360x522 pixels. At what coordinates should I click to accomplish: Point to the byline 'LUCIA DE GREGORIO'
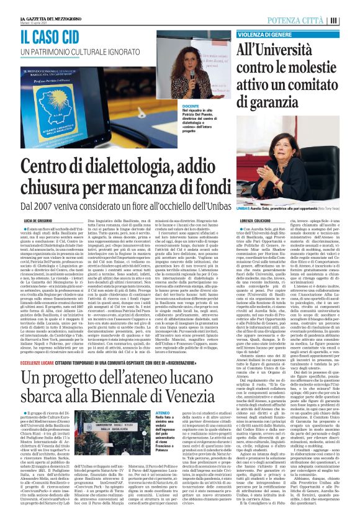coord(38,220)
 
